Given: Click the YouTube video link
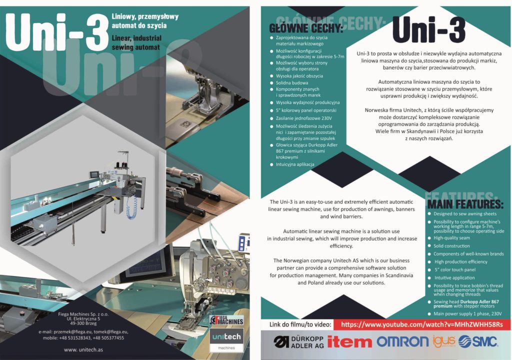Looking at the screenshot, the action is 421,324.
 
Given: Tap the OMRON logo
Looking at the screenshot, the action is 402,341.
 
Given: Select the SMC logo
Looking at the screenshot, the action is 477,341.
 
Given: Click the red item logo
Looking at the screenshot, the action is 349,342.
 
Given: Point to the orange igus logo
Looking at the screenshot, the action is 444,341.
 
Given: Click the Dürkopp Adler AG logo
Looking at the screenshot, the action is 298,342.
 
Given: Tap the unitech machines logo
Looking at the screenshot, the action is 226,339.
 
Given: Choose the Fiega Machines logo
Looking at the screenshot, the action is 226,320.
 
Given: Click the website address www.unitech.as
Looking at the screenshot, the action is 83,349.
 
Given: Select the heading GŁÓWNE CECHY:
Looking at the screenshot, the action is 306,28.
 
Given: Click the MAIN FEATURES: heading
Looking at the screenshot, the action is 465,204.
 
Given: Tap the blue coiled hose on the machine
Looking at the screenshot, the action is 131,207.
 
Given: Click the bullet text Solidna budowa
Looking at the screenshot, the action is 292,82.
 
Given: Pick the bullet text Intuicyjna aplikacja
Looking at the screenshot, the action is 295,164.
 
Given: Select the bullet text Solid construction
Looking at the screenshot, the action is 451,246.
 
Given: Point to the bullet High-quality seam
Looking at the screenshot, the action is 451,238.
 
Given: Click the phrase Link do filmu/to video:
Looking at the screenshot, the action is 300,324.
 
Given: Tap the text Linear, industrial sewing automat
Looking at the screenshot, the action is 136,43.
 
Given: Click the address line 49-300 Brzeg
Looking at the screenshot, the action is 83,323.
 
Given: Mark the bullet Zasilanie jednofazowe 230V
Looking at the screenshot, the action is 303,118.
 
